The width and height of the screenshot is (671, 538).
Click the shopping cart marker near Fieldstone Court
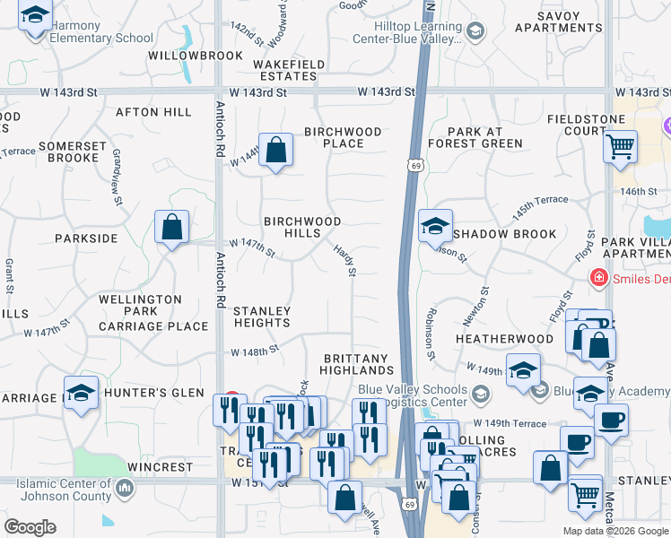[x=620, y=146]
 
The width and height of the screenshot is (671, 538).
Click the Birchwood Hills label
[x=301, y=227]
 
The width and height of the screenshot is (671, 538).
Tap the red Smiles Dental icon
[x=597, y=279]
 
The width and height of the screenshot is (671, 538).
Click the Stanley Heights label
[x=261, y=317]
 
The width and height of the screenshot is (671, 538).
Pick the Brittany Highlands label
[x=358, y=364]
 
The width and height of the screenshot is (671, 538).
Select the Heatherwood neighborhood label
[x=504, y=339]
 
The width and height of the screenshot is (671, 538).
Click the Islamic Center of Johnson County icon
[x=124, y=489]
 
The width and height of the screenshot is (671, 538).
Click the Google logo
[x=30, y=526]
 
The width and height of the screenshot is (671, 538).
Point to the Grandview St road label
[x=117, y=178]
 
